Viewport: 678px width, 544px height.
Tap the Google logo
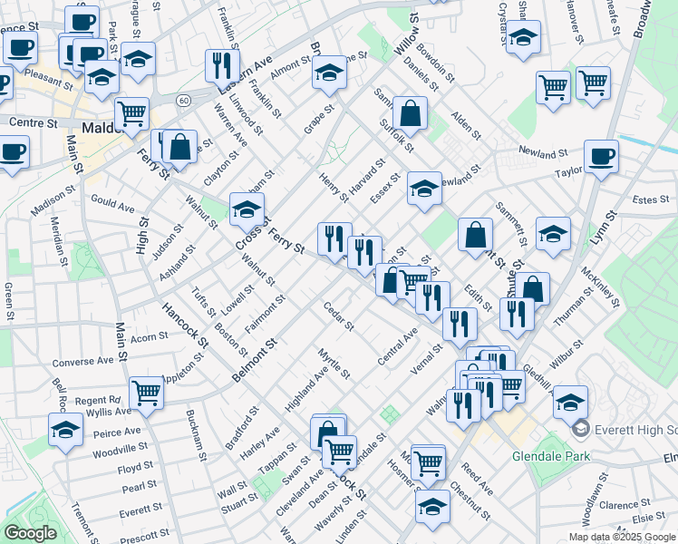tap(30, 533)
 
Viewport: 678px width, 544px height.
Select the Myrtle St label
tap(334, 362)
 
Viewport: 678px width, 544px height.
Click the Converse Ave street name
tap(82, 361)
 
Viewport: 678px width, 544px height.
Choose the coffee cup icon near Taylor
tap(601, 158)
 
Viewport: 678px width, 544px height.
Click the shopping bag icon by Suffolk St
tap(410, 115)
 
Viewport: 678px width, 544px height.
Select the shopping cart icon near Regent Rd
tap(146, 393)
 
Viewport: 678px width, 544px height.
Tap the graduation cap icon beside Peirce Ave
tap(65, 430)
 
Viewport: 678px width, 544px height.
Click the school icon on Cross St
tap(246, 211)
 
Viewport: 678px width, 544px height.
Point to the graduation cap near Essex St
tap(423, 189)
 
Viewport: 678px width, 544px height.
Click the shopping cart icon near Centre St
tap(131, 114)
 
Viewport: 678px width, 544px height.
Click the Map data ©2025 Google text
tap(621, 537)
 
